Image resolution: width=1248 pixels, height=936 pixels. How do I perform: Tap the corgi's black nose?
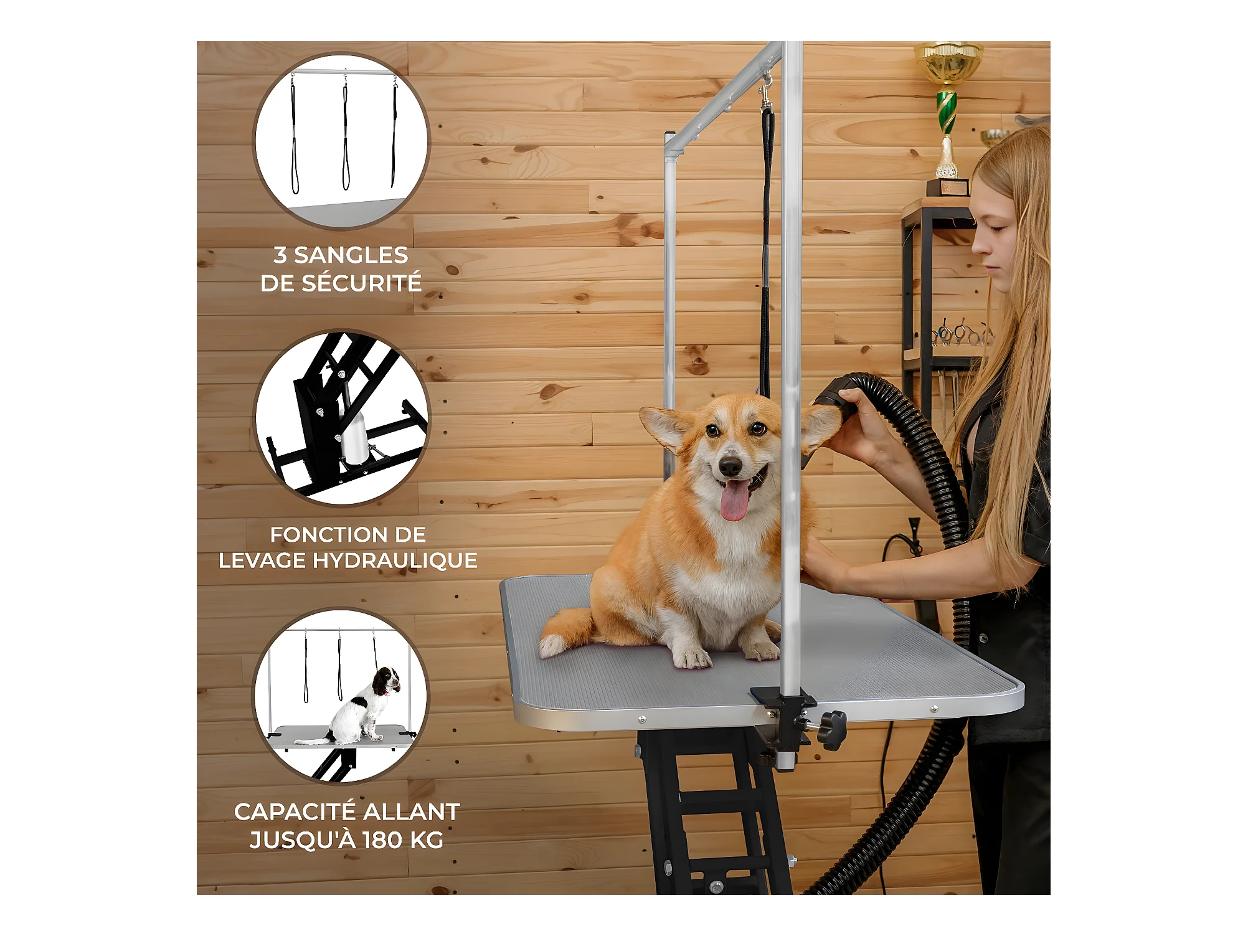point(730,465)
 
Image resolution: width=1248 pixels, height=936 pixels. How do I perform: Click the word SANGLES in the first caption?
point(351,255)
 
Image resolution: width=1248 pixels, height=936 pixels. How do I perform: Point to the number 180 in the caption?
point(381,840)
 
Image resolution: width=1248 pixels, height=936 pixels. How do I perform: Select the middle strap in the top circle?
point(346,133)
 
